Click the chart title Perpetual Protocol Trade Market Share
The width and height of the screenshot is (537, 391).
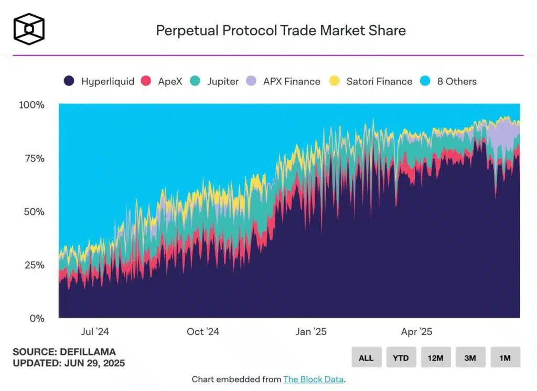(281, 30)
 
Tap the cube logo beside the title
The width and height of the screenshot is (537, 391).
(29, 29)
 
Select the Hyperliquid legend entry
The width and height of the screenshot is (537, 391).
(99, 81)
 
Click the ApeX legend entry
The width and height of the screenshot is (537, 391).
(162, 81)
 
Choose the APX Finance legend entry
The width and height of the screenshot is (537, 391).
(283, 81)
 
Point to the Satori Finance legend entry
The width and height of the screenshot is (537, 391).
(370, 81)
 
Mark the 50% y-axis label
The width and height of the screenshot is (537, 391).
(34, 212)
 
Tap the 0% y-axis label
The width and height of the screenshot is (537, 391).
(37, 318)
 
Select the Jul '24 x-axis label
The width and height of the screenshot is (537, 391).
(95, 332)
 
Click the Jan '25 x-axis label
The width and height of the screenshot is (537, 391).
(311, 332)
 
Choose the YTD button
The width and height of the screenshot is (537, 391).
(401, 358)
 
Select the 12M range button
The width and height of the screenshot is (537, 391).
(436, 358)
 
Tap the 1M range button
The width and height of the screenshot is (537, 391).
(505, 358)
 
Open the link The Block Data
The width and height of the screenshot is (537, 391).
(313, 379)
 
